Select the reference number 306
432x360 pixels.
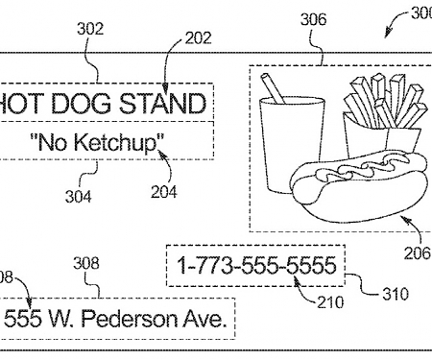click(312, 18)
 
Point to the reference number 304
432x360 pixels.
click(78, 197)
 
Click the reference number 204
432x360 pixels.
click(163, 191)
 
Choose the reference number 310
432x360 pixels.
click(395, 295)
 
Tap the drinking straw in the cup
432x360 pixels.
click(274, 86)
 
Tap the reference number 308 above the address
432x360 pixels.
click(85, 263)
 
